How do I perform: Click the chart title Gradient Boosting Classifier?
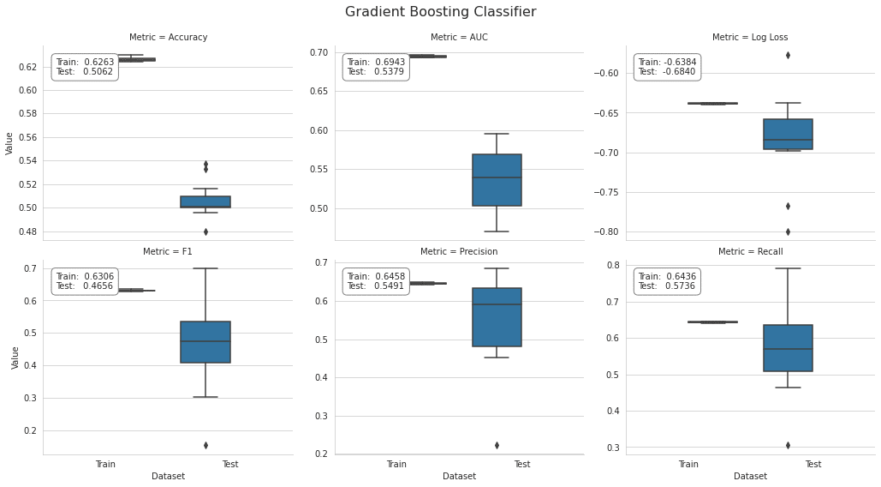coord(440,12)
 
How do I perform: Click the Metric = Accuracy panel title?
coord(168,38)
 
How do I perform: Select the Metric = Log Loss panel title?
coord(750,38)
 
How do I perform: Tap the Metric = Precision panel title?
coord(459,252)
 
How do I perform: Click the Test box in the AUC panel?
coord(497,180)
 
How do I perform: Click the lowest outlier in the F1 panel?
coord(205,445)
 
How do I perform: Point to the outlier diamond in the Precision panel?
coord(497,445)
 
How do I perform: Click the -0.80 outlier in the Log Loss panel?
coord(788,231)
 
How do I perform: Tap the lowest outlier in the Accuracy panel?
coord(205,231)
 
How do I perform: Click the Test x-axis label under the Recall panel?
coord(813,465)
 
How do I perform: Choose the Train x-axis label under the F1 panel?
coord(105,465)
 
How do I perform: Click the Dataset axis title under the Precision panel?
coord(459,476)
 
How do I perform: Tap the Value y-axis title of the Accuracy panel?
coord(9,142)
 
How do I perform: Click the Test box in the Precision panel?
coord(497,317)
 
